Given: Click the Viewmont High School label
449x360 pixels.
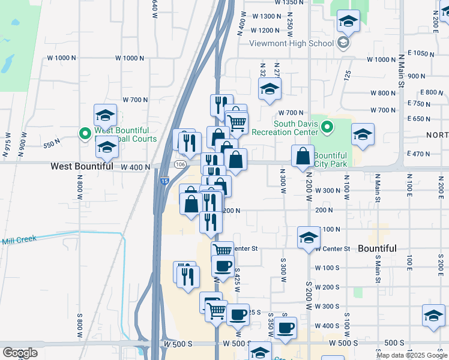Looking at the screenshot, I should [303, 43].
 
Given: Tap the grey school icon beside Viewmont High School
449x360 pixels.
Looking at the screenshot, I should [343, 43].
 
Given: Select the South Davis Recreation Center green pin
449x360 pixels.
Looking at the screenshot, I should [327, 127].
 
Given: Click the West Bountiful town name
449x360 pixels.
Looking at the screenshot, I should [82, 166].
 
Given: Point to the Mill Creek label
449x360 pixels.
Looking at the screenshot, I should [19, 239].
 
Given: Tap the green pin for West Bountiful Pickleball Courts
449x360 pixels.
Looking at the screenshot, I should [85, 133].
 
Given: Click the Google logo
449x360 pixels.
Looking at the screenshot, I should [20, 353].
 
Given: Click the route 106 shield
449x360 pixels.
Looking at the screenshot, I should [179, 164].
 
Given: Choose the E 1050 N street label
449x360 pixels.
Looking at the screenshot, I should [423, 53].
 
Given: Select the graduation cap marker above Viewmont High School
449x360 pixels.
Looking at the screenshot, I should [348, 22].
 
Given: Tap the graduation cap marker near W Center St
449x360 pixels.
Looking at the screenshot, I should [309, 237].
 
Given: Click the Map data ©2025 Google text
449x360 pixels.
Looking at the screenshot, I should [411, 355].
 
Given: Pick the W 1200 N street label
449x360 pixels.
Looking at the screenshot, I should [266, 30].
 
